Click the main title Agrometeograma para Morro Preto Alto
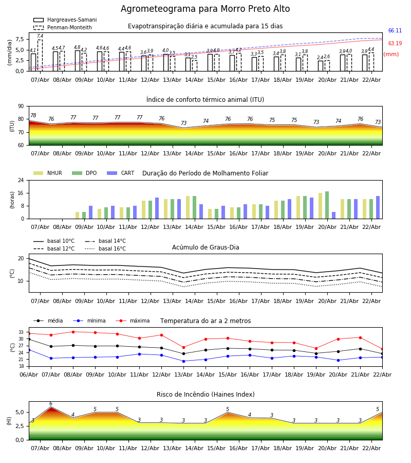point(205,9)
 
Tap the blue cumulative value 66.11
point(395,31)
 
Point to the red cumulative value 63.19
point(395,44)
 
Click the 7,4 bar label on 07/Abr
point(40,37)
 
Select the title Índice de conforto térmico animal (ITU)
point(205,100)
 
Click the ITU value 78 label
point(33,116)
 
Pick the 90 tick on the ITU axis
point(20,106)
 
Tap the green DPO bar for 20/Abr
point(327,205)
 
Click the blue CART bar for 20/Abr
point(333,215)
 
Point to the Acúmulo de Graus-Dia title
point(205,247)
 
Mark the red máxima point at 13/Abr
point(183,347)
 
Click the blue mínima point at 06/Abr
point(29,350)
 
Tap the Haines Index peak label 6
point(50,404)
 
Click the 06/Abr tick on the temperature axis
point(29,375)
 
